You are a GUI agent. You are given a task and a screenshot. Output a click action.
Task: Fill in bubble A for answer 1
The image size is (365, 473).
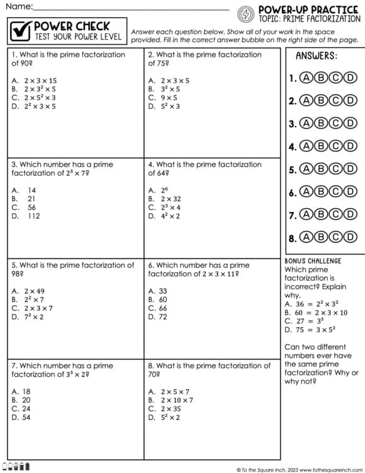[x=306, y=78]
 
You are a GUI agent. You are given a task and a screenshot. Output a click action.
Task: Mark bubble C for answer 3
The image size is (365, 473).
[x=338, y=124]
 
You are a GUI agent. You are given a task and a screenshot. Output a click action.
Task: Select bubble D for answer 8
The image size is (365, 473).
[x=351, y=237]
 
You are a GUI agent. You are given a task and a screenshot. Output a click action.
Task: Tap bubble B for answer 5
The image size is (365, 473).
[x=322, y=169]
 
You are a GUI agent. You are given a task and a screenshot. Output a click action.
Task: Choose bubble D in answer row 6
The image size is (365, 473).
[x=351, y=192]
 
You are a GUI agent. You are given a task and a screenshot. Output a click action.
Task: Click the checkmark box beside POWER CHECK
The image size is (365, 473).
[x=21, y=30]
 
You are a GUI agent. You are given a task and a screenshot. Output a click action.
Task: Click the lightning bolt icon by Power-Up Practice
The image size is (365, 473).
[x=247, y=13]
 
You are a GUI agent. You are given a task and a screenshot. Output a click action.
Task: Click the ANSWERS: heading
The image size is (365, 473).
[x=316, y=56]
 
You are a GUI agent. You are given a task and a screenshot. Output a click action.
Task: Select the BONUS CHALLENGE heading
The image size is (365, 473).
[x=313, y=261]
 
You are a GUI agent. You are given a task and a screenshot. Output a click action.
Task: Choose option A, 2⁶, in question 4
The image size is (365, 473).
[x=158, y=190]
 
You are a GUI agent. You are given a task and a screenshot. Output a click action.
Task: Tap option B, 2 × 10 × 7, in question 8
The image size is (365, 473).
[x=170, y=400]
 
